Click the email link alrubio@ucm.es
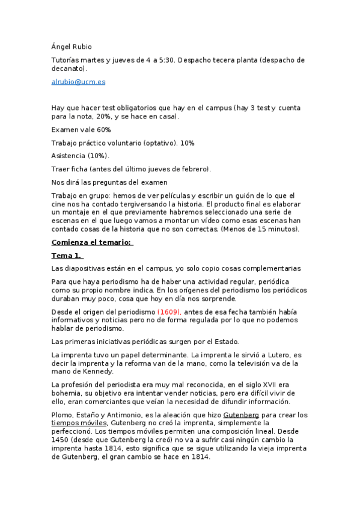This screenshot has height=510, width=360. point(78,82)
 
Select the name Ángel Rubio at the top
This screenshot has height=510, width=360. point(72,46)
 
